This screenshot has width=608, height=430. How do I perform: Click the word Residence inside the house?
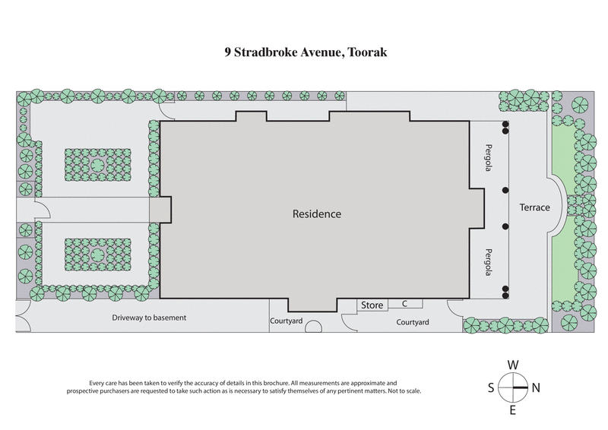(x=317, y=214)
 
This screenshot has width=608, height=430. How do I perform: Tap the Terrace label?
(x=534, y=207)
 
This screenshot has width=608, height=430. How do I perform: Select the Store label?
(x=372, y=305)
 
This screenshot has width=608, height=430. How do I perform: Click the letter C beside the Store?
(x=405, y=304)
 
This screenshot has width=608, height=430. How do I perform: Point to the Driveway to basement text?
(x=149, y=318)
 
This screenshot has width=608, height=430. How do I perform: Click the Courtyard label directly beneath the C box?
(x=413, y=322)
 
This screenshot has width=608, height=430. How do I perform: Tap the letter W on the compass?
(x=514, y=364)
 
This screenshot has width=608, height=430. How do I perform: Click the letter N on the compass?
(x=536, y=387)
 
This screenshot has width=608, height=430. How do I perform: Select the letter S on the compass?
(x=491, y=387)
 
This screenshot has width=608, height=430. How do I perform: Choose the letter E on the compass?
(x=513, y=411)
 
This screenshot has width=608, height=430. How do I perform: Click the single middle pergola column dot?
(x=504, y=191)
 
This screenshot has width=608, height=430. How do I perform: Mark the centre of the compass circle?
(x=514, y=387)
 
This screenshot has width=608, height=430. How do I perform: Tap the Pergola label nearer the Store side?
(x=489, y=261)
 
